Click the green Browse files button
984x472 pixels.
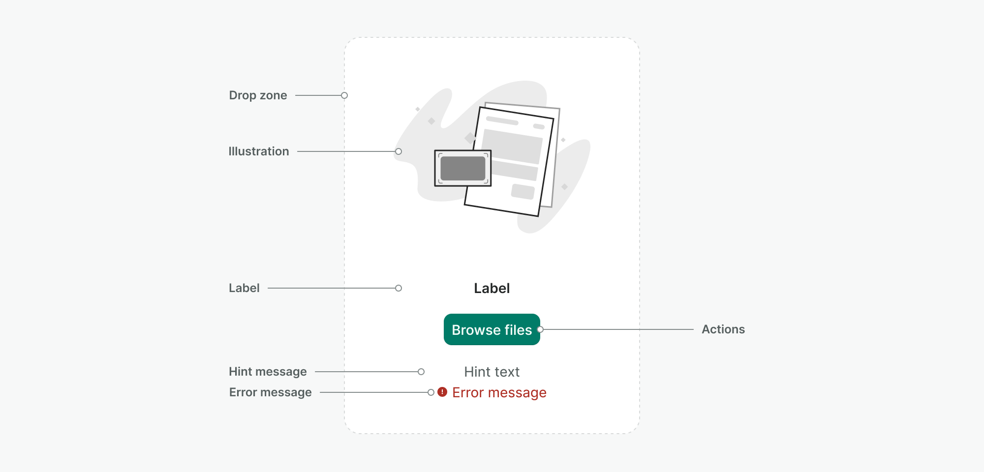492,329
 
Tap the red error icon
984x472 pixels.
442,392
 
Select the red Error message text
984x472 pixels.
499,392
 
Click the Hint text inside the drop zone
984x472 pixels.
492,372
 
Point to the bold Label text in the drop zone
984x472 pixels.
492,288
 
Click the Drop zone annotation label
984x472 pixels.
258,95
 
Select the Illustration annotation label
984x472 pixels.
258,151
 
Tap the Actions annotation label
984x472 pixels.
723,329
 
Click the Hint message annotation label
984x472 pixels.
268,372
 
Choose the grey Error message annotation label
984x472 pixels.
270,392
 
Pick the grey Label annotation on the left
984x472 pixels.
244,288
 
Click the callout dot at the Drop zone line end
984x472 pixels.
344,95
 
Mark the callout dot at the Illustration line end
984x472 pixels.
399,151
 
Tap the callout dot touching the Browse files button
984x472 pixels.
540,329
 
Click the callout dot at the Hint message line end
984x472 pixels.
421,372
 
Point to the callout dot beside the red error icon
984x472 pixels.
431,392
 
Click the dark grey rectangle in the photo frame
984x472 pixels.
462,168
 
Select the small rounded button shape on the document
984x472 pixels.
523,191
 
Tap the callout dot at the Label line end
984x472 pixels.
399,288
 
